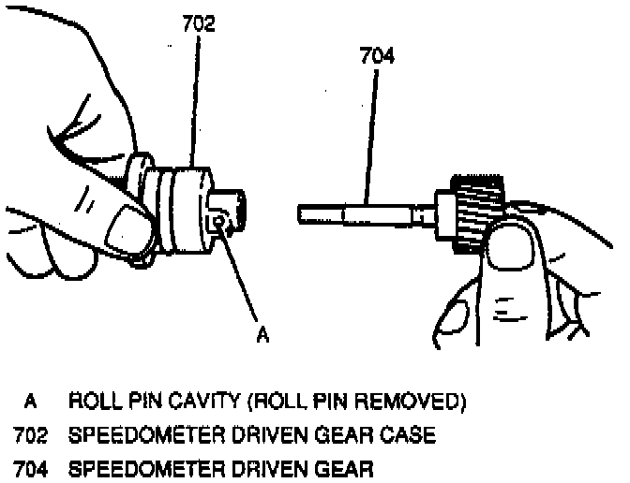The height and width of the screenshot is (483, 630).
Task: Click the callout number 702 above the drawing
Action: pyautogui.click(x=198, y=25)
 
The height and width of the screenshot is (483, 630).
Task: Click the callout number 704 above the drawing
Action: pyautogui.click(x=377, y=56)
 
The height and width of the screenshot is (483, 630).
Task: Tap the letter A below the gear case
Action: pyautogui.click(x=263, y=334)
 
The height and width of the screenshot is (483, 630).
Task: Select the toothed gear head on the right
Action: pyautogui.click(x=479, y=209)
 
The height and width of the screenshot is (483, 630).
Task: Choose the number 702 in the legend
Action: pyautogui.click(x=31, y=436)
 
